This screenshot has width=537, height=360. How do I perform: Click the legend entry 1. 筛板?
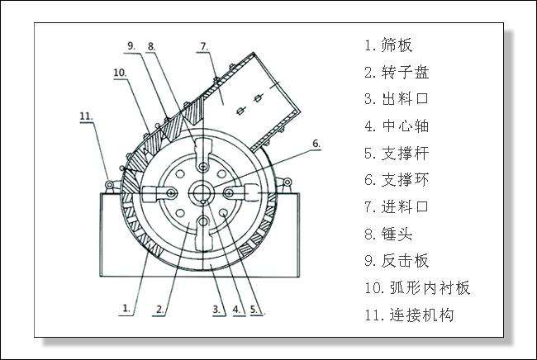click(388, 45)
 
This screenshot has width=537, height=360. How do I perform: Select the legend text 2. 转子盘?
click(394, 72)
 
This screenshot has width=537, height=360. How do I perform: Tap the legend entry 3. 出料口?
click(394, 99)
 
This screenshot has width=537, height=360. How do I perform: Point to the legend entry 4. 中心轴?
click(394, 126)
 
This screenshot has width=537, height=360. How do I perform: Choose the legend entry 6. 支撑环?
click(394, 180)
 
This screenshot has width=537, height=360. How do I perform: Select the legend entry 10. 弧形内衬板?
click(416, 288)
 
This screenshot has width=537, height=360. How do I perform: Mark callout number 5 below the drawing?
click(254, 310)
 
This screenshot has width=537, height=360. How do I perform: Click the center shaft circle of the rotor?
click(202, 193)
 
